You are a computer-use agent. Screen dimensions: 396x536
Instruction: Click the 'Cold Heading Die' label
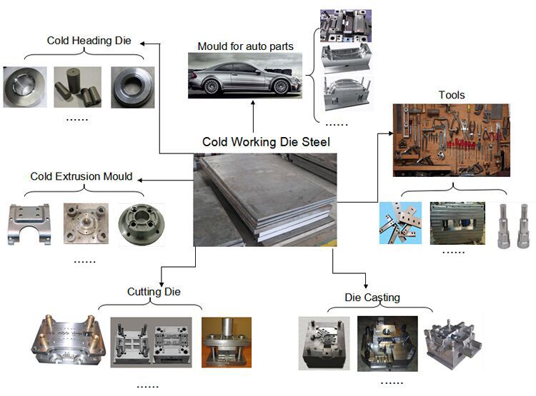coord(89,40)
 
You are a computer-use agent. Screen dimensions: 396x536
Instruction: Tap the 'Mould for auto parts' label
coord(245,46)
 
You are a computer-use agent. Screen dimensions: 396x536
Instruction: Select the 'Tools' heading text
coord(452,95)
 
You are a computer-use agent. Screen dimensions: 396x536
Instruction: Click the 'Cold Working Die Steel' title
coord(266,142)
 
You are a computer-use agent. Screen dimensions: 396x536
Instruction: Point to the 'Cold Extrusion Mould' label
coord(81,176)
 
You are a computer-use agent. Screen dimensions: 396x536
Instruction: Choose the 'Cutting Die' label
coord(154,291)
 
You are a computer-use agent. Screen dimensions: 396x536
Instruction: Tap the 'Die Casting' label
coord(372,297)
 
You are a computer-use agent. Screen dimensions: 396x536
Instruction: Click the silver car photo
coord(244,76)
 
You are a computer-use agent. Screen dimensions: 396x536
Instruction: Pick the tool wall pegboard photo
coord(452,140)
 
